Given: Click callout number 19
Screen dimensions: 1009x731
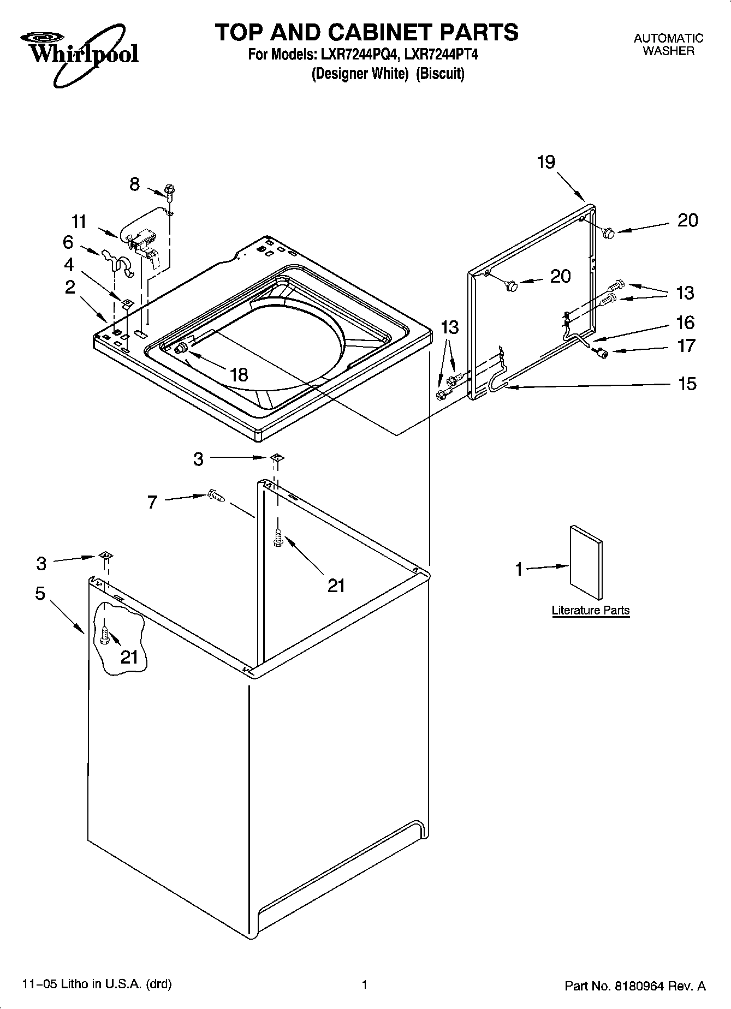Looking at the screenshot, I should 546,162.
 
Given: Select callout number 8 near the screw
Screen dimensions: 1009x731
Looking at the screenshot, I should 134,184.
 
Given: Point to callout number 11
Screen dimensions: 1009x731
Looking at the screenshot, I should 79,222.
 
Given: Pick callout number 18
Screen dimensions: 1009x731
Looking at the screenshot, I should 239,374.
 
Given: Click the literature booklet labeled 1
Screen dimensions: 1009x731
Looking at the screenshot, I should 586,563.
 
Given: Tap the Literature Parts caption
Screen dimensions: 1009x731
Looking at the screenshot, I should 591,610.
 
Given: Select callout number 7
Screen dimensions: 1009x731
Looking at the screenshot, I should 152,502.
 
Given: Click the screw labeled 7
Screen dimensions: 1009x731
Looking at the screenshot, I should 216,495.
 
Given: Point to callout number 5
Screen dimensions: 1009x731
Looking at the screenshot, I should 40,593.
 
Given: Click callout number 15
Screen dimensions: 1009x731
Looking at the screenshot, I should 687,384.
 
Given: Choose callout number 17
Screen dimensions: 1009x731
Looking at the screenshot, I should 686,346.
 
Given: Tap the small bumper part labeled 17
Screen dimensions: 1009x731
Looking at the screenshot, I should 603,353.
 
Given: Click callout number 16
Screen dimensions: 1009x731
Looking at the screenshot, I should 685,323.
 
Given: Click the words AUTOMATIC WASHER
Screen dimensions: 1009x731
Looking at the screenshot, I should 668,45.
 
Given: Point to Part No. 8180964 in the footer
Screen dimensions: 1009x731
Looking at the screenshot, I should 635,986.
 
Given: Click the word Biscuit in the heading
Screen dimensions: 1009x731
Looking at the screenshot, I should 440,74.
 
